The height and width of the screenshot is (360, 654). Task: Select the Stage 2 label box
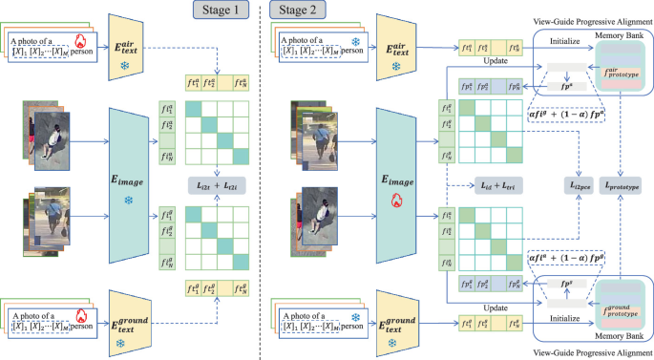coord(299,11)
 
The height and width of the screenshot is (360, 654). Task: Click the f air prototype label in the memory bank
coord(621,72)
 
